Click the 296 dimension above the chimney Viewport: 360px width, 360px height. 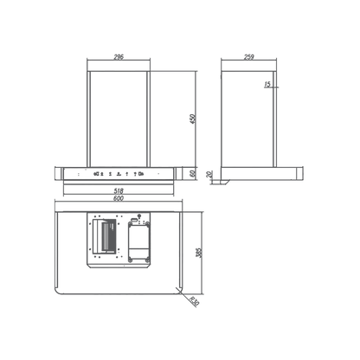[x=119, y=57]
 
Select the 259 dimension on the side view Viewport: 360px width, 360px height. [x=248, y=57]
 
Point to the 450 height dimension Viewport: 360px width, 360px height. [x=193, y=119]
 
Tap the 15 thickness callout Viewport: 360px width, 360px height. [x=267, y=84]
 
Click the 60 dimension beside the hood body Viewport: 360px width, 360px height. [x=193, y=173]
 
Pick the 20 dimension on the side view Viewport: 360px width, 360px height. [x=209, y=174]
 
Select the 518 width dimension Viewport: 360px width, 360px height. [x=119, y=190]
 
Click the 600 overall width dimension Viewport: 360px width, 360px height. [x=119, y=198]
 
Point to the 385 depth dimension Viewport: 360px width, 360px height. [x=199, y=253]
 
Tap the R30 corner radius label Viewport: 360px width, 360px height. [x=195, y=301]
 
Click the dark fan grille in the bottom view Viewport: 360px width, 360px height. [x=110, y=235]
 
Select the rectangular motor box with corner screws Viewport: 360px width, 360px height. [x=139, y=242]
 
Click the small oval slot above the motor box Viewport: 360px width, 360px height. [x=134, y=220]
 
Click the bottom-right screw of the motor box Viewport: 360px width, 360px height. [x=147, y=260]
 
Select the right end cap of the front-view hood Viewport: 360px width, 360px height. [x=178, y=174]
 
